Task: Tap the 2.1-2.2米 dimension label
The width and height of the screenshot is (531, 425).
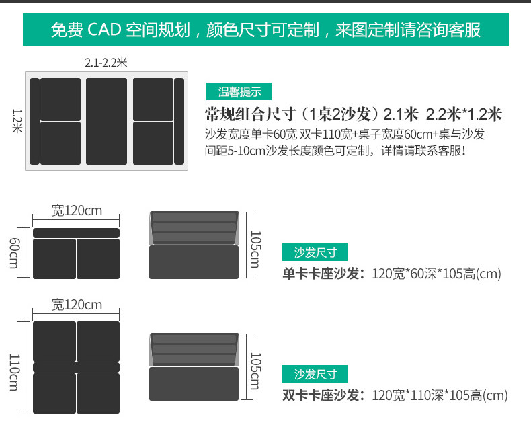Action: point(106,63)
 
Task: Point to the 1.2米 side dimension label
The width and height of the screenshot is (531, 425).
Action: point(17,121)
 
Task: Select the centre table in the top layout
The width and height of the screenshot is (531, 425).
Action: point(106,121)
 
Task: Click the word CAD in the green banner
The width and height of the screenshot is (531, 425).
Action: point(109,31)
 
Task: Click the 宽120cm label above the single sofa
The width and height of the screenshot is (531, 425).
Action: point(77,210)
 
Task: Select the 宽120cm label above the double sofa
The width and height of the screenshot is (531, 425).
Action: point(77,305)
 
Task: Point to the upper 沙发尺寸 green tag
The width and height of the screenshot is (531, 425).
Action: point(315,253)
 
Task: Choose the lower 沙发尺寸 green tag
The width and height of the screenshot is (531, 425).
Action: point(315,374)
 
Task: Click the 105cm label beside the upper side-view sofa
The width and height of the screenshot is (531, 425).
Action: point(254,249)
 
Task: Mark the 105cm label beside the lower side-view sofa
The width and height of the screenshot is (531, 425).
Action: point(254,371)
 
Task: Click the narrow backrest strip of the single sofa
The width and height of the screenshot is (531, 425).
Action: point(76,233)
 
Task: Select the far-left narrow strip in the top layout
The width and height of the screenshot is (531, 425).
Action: point(34,121)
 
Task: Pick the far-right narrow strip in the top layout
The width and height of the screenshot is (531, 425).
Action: point(179,121)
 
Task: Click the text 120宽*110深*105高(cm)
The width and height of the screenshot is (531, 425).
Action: point(440,395)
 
